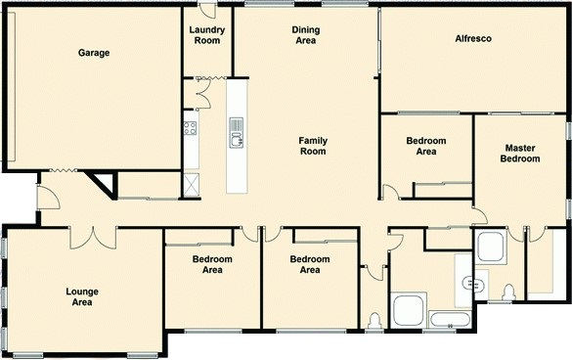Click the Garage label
click(94, 53)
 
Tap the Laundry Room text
click(207, 35)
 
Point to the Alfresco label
click(473, 38)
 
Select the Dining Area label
click(306, 35)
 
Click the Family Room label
click(313, 146)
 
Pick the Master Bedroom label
click(520, 154)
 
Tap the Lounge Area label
click(82, 296)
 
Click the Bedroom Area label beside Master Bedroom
click(426, 146)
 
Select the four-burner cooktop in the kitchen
click(190, 128)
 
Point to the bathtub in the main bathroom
click(450, 320)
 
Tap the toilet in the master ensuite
click(508, 292)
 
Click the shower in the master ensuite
click(491, 247)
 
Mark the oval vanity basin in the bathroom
click(470, 284)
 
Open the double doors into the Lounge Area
click(94, 238)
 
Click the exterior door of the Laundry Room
click(207, 10)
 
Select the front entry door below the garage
click(48, 198)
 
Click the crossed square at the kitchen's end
click(192, 185)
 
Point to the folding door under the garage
click(64, 170)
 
